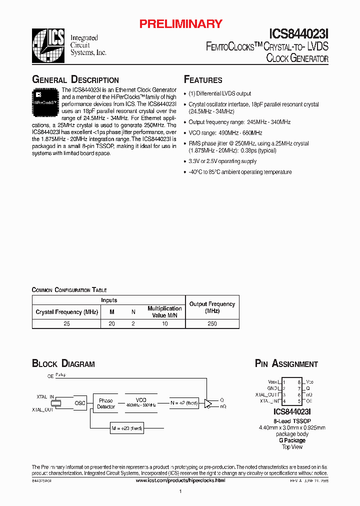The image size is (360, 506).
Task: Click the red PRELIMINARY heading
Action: click(x=180, y=23)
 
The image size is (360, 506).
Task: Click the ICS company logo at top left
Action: click(x=49, y=45)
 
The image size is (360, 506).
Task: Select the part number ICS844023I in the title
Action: click(x=299, y=34)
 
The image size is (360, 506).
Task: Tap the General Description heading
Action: click(x=75, y=80)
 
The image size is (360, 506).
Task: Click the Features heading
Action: click(x=203, y=80)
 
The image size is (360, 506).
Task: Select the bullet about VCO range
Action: click(x=225, y=133)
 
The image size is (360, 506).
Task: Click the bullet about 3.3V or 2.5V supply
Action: click(x=222, y=161)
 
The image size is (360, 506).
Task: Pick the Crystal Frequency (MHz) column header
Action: click(x=66, y=312)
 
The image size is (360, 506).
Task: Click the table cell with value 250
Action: click(x=212, y=324)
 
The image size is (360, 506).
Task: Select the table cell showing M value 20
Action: click(x=111, y=324)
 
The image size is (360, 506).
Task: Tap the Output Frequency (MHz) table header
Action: click(x=212, y=307)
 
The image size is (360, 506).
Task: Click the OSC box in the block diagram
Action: click(x=80, y=403)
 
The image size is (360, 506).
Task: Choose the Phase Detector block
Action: click(x=105, y=403)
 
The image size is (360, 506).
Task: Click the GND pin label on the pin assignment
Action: click(x=272, y=388)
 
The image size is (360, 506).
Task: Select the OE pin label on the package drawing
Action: click(x=309, y=400)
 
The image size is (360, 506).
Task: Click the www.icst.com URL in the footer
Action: click(x=180, y=480)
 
